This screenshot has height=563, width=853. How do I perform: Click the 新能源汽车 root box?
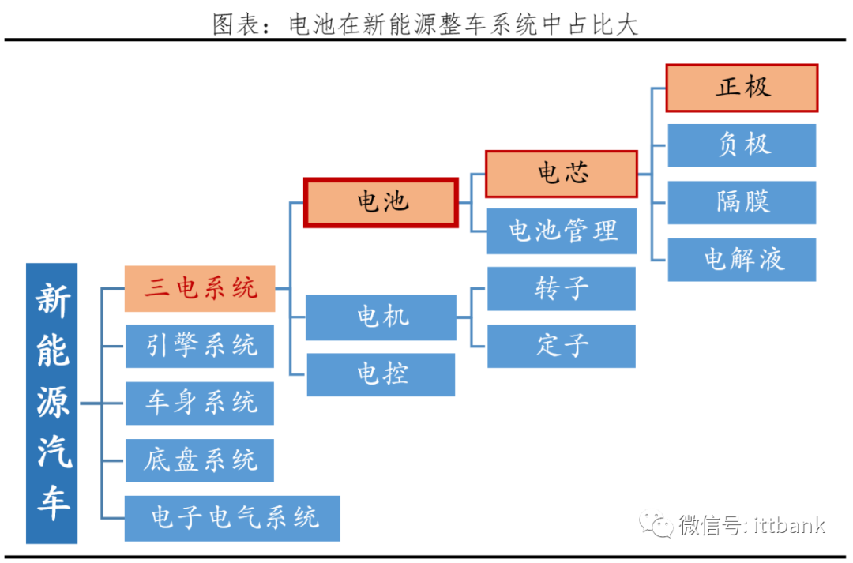point(52,403)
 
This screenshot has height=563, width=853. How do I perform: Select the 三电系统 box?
point(200,288)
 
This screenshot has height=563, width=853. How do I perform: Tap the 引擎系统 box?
point(200,346)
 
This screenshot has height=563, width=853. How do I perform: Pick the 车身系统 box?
point(200,403)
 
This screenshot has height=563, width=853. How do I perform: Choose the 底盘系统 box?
point(200,460)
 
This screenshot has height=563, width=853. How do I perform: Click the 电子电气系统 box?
point(232,518)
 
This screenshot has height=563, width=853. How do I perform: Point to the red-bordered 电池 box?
point(381,202)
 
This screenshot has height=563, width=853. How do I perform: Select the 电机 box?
point(381,317)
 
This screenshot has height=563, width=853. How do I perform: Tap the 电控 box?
point(381,374)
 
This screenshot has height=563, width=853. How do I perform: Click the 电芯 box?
point(561,174)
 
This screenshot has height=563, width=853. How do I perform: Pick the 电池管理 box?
point(561,231)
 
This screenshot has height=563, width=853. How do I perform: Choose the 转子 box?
point(561,288)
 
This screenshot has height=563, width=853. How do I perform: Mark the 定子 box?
point(561,346)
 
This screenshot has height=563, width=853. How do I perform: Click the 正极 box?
point(742,88)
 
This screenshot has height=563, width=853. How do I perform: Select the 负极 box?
point(742,145)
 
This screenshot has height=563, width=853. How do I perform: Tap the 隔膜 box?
point(742,202)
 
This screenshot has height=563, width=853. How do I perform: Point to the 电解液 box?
point(742,260)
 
